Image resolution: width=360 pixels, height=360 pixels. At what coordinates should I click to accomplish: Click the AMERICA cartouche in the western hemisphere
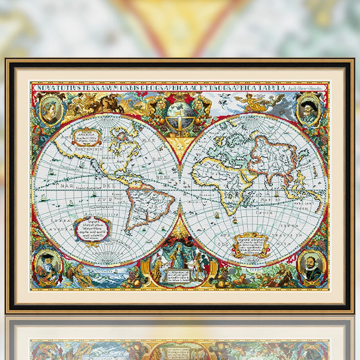click(86, 136)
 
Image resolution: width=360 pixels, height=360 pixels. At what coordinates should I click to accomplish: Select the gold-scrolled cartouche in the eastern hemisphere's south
click(251, 245)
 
